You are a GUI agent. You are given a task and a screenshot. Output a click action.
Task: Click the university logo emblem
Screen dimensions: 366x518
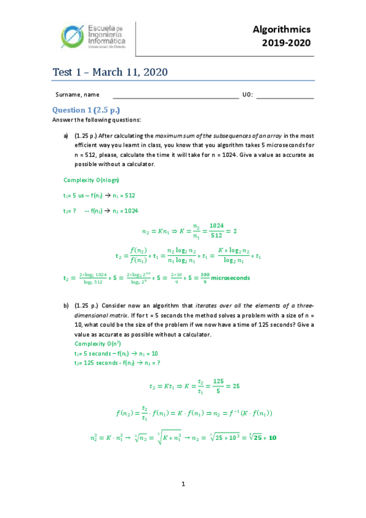(x=75, y=37)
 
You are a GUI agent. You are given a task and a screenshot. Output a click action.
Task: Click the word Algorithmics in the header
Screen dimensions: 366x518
(x=282, y=29)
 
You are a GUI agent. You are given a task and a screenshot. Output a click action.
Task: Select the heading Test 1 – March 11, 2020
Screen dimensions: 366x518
(x=110, y=73)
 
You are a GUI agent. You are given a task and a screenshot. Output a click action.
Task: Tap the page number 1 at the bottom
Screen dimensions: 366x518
(x=183, y=484)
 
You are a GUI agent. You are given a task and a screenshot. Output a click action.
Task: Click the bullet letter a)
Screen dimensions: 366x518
(x=66, y=136)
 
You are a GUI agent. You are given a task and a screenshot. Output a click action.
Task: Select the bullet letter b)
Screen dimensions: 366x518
(x=66, y=305)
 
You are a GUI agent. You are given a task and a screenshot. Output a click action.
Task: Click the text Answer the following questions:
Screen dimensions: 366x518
(x=97, y=120)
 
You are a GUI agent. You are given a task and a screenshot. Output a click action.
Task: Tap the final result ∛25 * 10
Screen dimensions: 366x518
(x=256, y=438)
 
